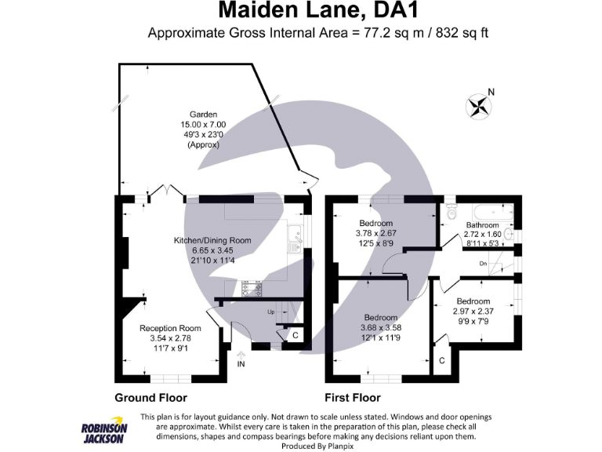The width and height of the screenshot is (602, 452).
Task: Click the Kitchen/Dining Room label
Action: pos(212,240)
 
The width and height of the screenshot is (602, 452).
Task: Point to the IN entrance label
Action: pos(241,364)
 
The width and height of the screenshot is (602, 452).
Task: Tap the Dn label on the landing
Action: pos(484,264)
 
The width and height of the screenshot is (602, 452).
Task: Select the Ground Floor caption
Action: pos(150,398)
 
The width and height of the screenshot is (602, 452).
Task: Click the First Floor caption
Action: pos(353,398)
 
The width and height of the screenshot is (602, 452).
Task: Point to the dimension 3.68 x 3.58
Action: pos(381,327)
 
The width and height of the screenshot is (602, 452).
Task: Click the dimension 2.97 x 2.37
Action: pos(473,312)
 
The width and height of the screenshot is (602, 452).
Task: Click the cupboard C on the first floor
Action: pos(442,361)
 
